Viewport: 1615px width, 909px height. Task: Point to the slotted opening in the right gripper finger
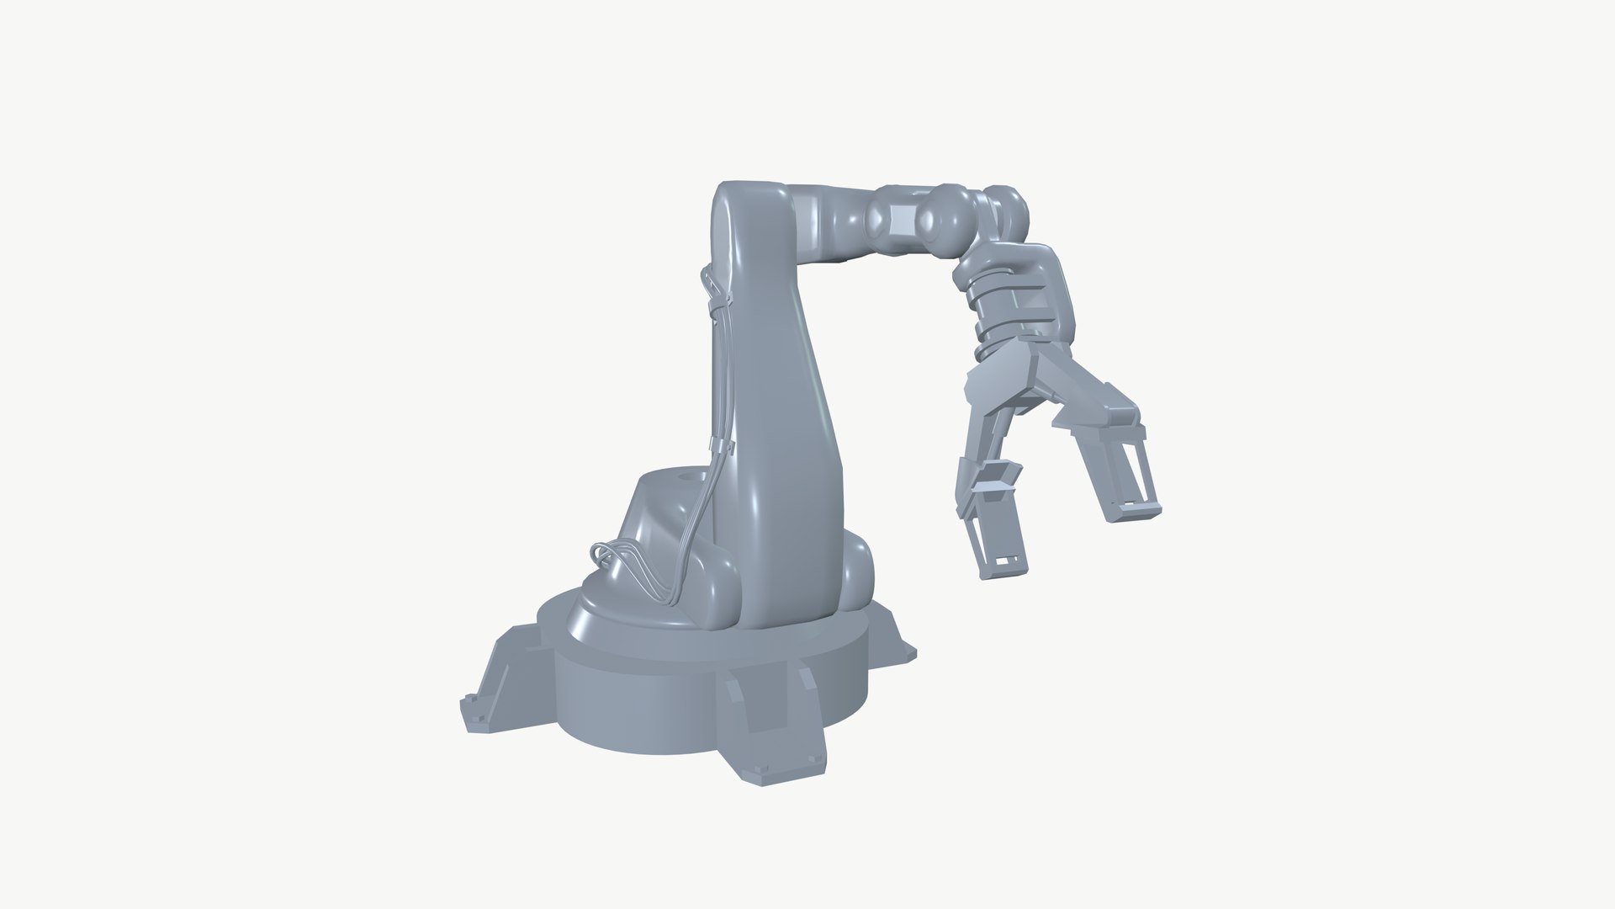[x=1131, y=471]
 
